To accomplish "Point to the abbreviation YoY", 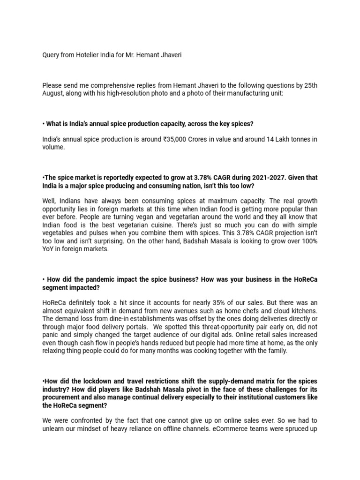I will (48, 249).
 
